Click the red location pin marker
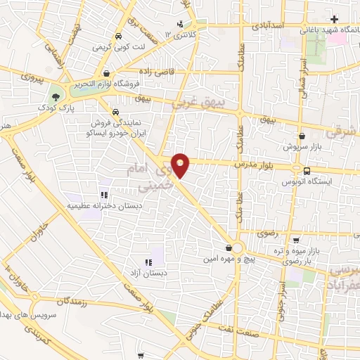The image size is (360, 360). click(181, 165)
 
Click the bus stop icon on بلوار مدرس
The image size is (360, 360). click(307, 170)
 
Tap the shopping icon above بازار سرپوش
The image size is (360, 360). click(302, 136)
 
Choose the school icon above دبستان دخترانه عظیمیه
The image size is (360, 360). click(103, 194)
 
